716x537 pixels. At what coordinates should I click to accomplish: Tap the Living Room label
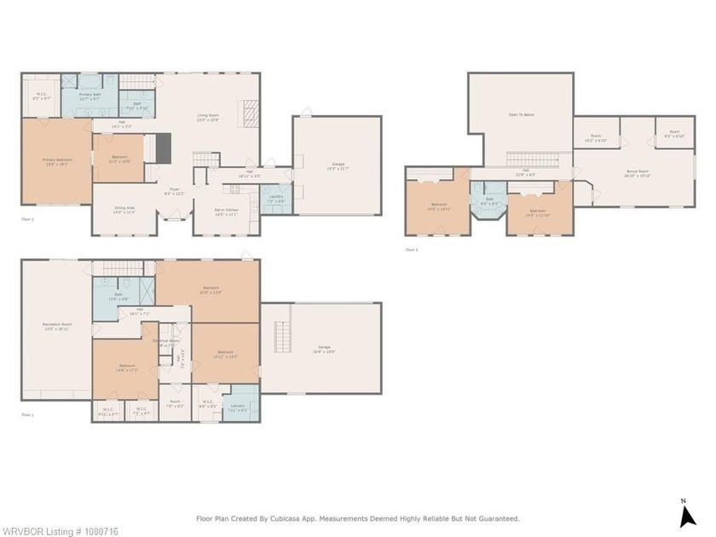tap(209, 118)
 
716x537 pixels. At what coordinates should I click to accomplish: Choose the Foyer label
tap(174, 191)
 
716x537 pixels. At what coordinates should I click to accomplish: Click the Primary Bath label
tap(90, 95)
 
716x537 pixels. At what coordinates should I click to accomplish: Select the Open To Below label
tap(521, 114)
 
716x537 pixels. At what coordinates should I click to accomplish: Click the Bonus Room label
tap(638, 173)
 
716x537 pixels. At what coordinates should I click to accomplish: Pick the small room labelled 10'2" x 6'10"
tap(596, 140)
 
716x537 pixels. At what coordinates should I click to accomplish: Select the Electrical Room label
tap(166, 343)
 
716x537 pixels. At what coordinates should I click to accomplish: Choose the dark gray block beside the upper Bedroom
tap(164, 148)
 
